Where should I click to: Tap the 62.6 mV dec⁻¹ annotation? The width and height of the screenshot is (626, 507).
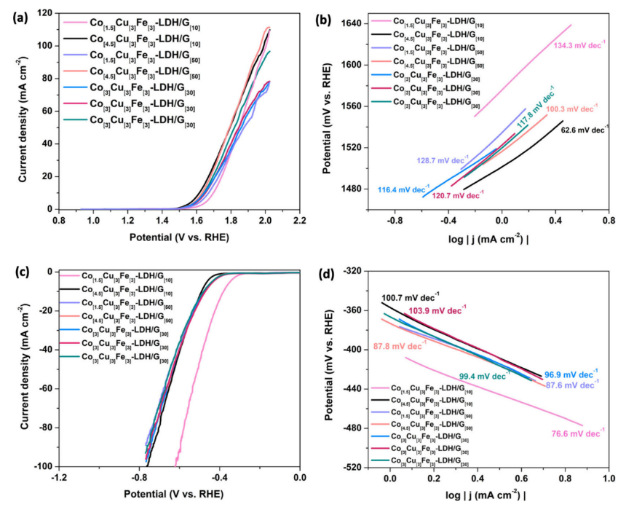click(x=584, y=130)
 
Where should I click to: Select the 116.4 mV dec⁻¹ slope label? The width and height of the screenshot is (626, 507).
click(x=401, y=189)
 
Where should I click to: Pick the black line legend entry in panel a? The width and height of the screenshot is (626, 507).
click(x=146, y=38)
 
